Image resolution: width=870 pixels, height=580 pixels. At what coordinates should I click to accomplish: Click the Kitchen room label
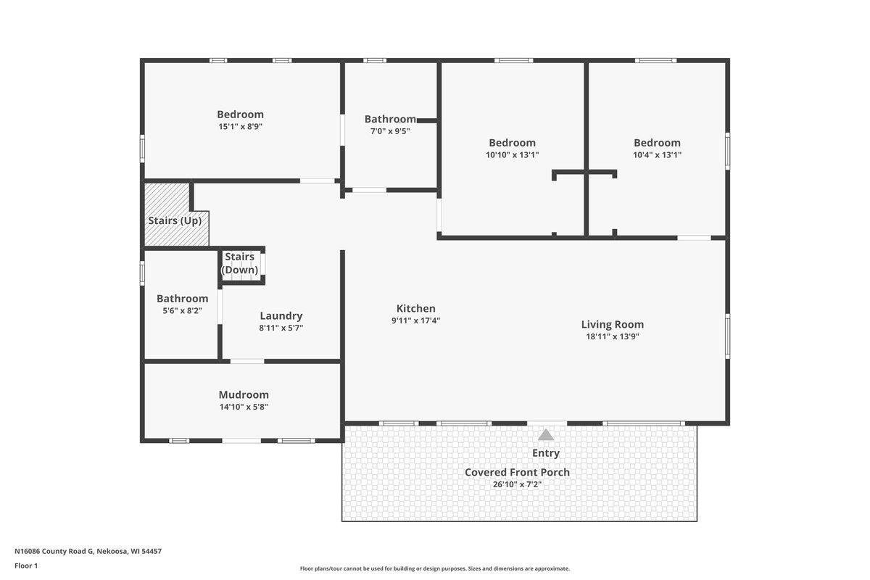415,308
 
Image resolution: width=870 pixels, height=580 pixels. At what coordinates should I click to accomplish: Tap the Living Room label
612,324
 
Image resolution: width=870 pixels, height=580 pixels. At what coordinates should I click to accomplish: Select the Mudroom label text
244,394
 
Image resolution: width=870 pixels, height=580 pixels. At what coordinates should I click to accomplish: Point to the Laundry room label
281,315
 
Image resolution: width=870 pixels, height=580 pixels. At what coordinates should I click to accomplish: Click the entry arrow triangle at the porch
546,434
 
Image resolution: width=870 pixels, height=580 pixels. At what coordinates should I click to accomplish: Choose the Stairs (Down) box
241,263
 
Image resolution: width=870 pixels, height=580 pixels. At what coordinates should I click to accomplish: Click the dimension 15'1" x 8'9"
240,126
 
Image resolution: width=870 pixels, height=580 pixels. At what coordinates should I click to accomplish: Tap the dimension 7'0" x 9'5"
390,131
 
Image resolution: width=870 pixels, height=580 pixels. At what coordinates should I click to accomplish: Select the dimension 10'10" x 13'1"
512,154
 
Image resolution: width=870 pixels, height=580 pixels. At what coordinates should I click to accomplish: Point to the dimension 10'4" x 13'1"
657,154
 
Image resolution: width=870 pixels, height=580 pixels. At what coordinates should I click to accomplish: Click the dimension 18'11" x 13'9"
612,336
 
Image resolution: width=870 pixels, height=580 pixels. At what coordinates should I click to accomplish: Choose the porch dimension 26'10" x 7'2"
517,484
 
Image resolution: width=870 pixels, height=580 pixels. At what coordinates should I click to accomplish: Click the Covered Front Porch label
517,472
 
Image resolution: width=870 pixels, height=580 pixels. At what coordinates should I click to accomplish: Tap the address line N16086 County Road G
88,551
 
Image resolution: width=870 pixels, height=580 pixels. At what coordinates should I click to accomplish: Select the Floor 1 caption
26,565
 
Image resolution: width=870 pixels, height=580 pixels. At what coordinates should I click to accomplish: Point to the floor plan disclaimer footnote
434,568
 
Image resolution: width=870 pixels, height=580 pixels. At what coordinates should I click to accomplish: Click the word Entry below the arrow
546,453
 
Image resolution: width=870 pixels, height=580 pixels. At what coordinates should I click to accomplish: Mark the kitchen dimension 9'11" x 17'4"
415,320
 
